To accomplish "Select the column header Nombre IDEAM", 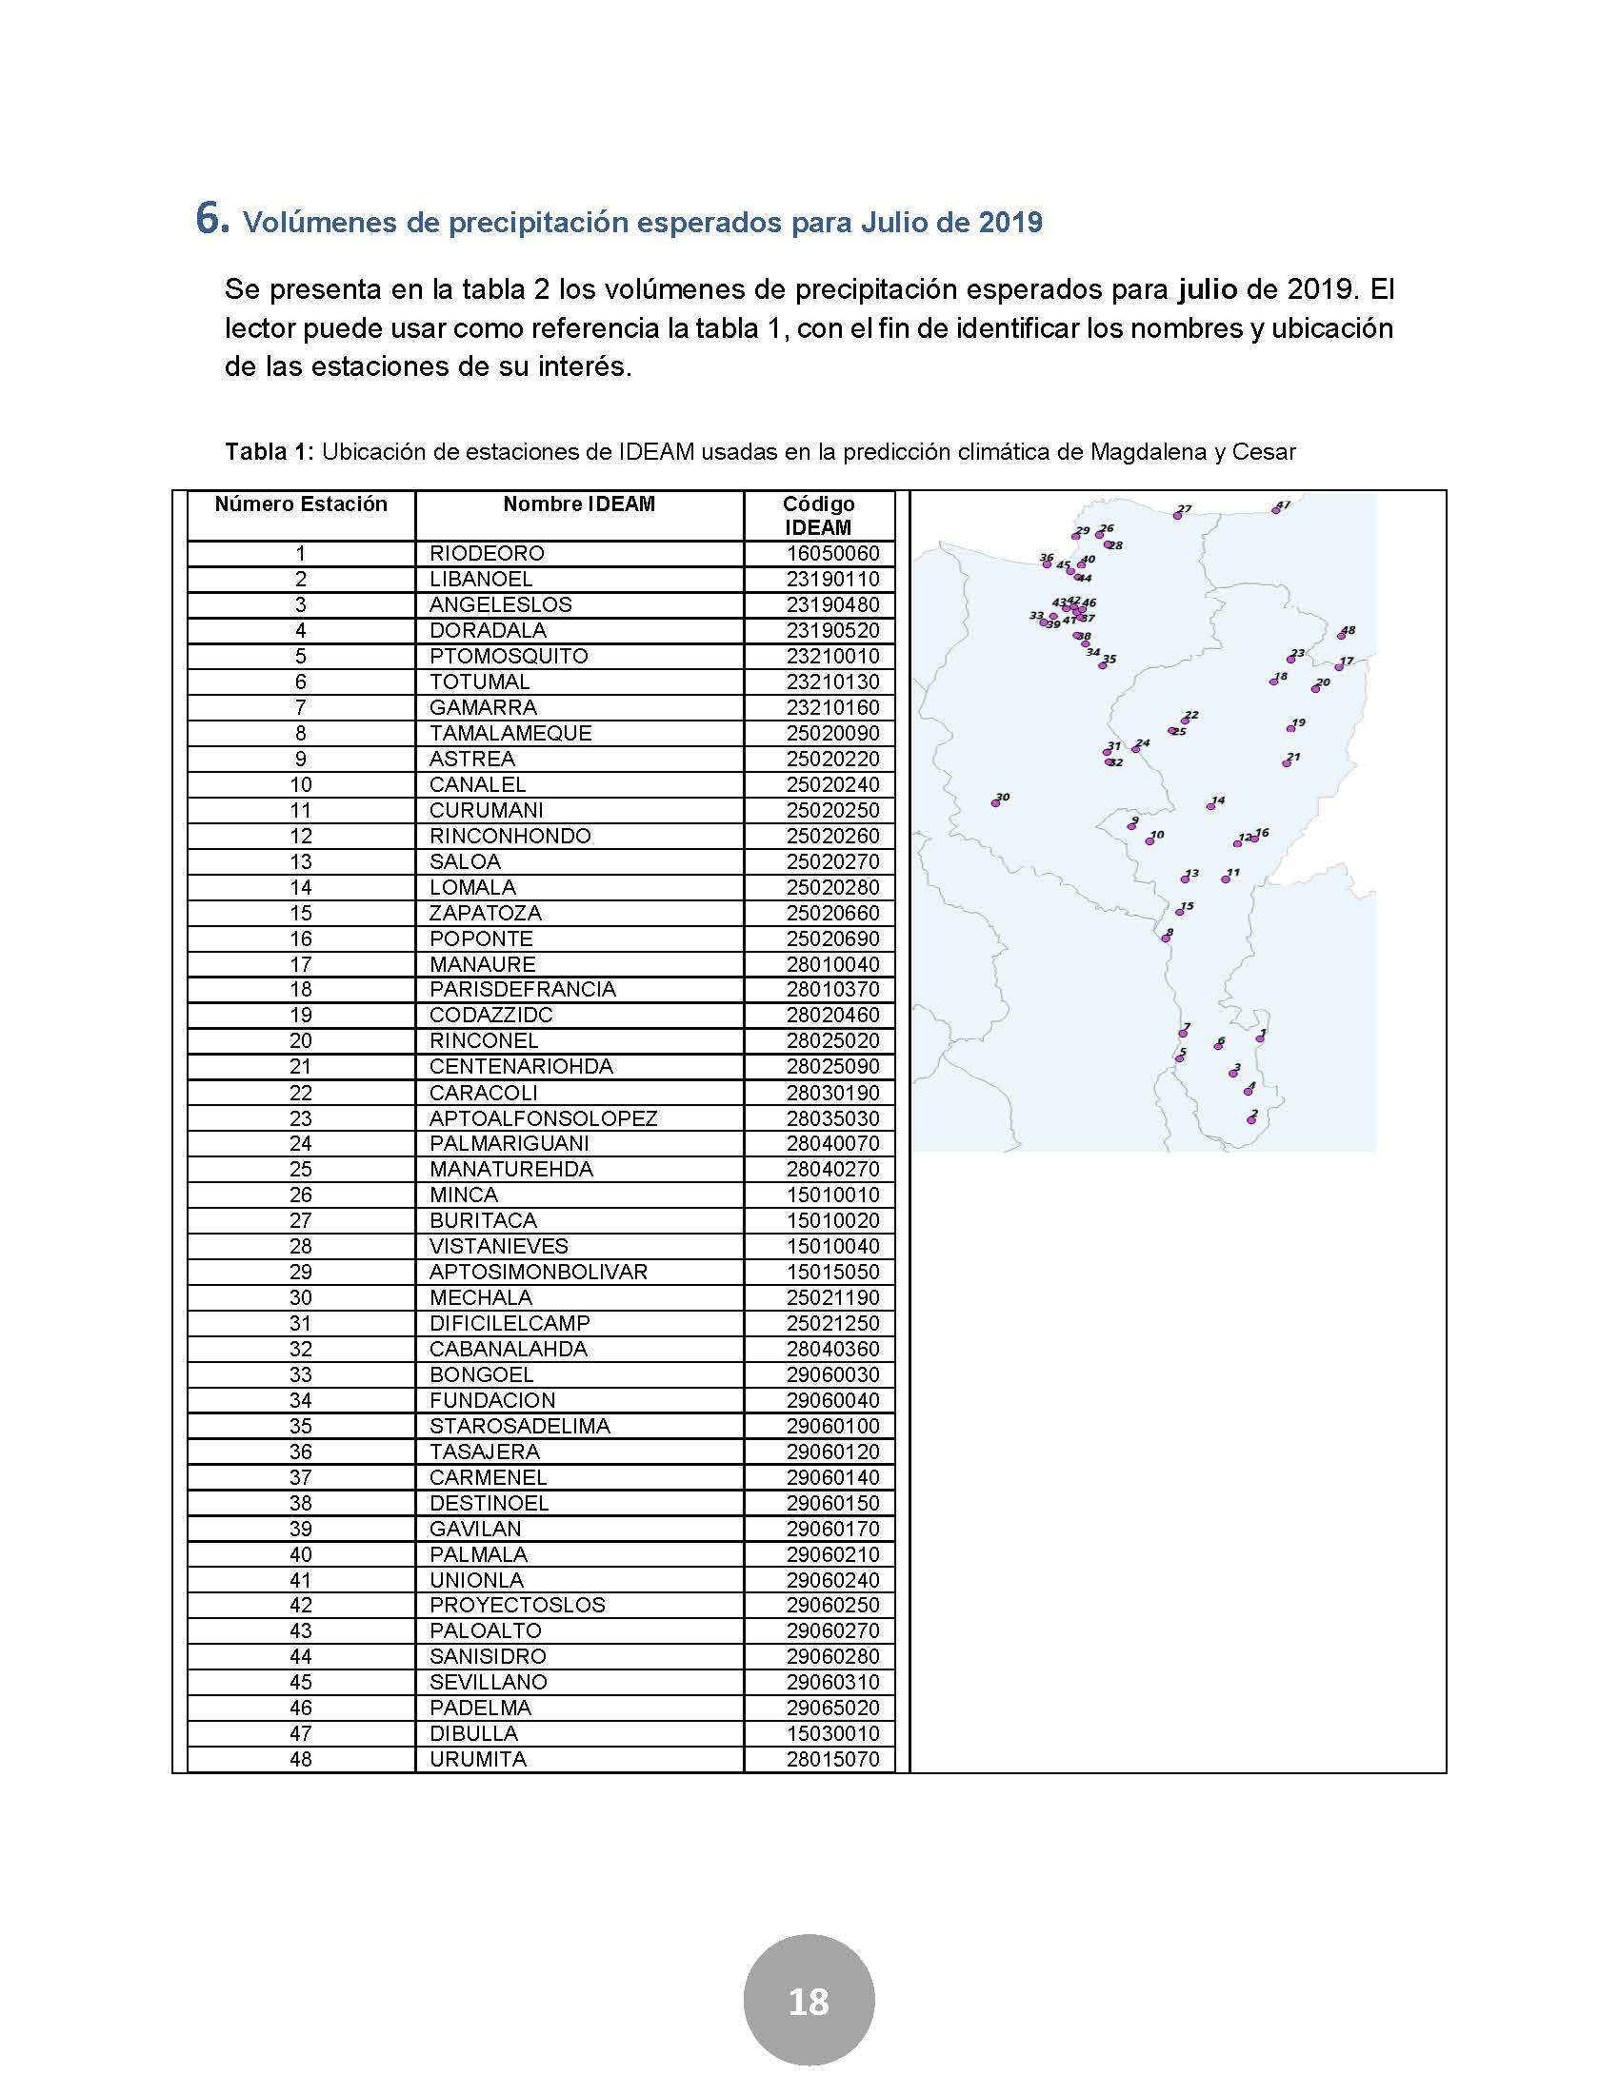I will (578, 504).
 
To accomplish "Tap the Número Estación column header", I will (300, 504).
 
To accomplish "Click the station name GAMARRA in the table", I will (483, 707).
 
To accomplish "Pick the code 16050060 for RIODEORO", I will (832, 554).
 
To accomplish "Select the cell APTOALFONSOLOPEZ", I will (543, 1118).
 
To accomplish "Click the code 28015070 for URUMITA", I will (832, 1759).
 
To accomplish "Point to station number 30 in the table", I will (300, 1297).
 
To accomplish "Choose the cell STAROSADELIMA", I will (519, 1426).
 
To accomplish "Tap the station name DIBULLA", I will (473, 1733).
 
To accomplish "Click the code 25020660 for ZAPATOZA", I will (832, 913).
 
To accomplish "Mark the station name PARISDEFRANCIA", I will (523, 990).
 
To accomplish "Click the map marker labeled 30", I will (995, 803).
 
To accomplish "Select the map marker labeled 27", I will (1178, 515).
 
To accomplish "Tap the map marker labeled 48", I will (1342, 636).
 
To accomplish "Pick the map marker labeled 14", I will (1210, 806).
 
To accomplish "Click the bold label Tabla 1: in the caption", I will (269, 451).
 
